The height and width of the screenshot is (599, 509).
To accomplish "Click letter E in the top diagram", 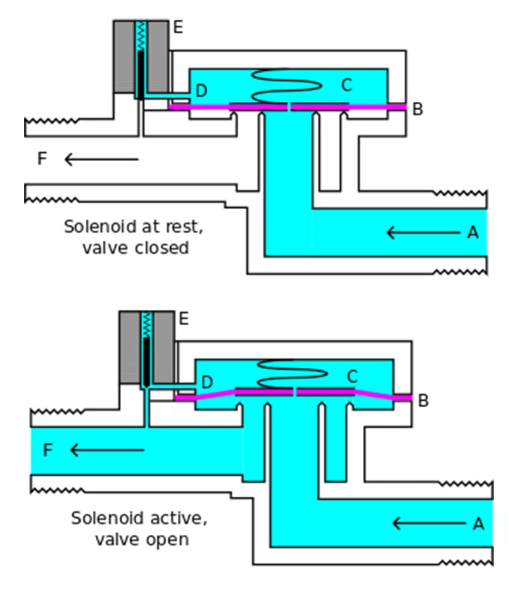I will [178, 28].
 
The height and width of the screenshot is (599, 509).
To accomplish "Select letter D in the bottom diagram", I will [207, 382].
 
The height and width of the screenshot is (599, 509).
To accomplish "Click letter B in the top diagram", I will [418, 110].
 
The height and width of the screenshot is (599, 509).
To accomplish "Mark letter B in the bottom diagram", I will [423, 401].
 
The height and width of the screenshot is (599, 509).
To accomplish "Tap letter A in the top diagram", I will [473, 232].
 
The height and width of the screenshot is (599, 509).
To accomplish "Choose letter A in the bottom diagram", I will [478, 524].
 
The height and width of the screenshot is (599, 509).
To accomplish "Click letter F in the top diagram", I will [42, 159].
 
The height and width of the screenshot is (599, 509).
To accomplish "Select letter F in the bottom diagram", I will [48, 450].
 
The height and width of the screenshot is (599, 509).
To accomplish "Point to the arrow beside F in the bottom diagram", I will [107, 450].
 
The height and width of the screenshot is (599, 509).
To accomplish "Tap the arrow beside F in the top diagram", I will [101, 159].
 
